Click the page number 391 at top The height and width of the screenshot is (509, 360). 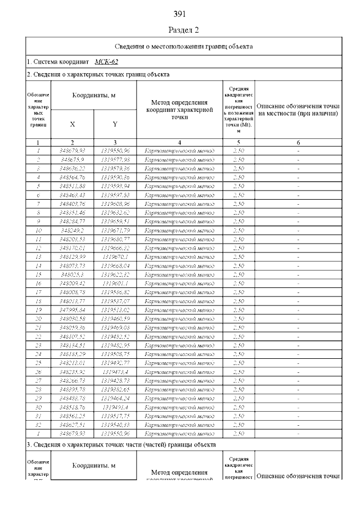coord(180,13)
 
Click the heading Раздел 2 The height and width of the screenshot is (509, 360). coord(180,29)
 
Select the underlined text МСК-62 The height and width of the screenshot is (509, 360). coord(107,61)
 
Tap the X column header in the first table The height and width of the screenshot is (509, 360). coord(73,124)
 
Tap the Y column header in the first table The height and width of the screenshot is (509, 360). coord(115,124)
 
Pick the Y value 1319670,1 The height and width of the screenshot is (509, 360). coord(115,256)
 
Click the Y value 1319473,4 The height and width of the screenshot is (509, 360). coord(115,372)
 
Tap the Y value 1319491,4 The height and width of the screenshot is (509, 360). coord(115,407)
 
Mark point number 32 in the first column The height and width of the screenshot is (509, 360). coord(38,425)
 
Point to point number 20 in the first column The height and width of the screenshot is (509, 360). coord(38,319)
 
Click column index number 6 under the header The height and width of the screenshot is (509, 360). coord(298,142)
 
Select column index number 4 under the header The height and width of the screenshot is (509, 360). coord(179,142)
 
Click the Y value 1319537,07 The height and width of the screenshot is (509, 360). coord(115,301)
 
